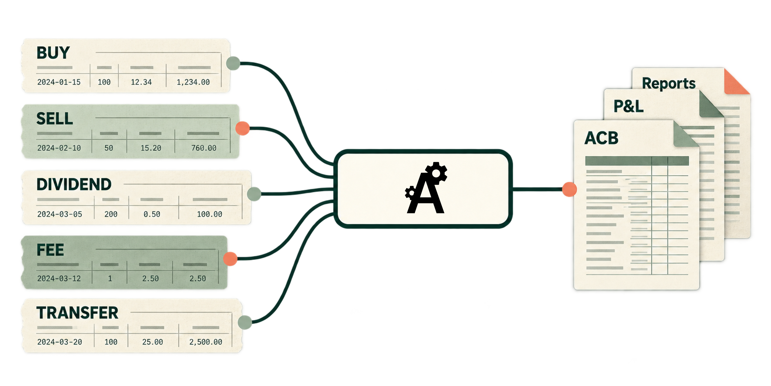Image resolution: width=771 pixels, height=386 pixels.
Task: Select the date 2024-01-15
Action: [59, 82]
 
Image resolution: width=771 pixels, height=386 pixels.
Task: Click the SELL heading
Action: [55, 118]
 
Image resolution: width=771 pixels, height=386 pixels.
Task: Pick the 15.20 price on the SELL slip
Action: [151, 148]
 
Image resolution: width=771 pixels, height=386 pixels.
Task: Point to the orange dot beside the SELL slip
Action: [243, 129]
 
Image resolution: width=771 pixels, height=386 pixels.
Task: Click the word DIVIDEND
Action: [74, 184]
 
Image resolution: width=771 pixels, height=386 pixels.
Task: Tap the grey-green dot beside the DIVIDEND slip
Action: [254, 194]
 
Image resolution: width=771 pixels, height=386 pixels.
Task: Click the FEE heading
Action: [50, 250]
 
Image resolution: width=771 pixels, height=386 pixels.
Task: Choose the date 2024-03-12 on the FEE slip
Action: [59, 279]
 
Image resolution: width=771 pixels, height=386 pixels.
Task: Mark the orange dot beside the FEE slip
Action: [230, 259]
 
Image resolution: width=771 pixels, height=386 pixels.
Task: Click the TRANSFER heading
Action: [77, 313]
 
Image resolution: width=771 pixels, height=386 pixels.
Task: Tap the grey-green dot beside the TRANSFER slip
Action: [245, 322]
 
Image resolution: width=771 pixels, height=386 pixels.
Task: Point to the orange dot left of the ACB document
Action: [570, 189]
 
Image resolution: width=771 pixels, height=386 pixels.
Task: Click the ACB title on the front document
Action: [601, 138]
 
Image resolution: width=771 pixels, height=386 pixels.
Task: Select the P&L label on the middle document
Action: [628, 106]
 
